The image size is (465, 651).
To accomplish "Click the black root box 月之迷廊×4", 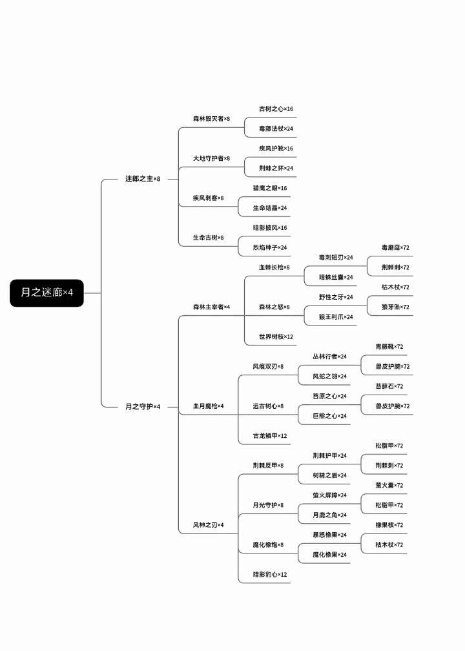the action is [x=47, y=293].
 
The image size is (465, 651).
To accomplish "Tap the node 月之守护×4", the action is [x=143, y=406].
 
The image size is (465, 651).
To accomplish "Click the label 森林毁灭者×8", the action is [x=211, y=119].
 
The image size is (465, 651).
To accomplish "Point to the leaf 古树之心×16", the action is [x=276, y=108].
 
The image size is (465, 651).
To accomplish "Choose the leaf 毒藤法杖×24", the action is [x=276, y=129].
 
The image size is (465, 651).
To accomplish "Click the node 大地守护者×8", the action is [x=211, y=158].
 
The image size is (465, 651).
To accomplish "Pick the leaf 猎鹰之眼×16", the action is [x=270, y=188].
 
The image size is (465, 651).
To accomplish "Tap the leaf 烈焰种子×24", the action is [x=270, y=247].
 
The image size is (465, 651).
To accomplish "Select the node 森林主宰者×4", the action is [x=211, y=307].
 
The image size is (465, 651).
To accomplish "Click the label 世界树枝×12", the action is [x=276, y=336].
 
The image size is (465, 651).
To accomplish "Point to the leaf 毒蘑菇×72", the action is [x=396, y=247].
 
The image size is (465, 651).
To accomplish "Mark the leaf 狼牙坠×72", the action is [x=396, y=307].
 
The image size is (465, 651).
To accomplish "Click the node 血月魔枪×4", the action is [x=209, y=406].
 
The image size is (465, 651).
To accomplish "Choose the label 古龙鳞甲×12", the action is [x=270, y=436].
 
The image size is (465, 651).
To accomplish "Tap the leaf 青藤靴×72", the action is [x=389, y=347].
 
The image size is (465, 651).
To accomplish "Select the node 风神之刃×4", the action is [x=209, y=525].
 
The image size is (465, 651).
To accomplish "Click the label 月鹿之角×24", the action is [x=329, y=515].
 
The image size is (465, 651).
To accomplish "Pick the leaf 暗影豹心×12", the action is [x=270, y=575].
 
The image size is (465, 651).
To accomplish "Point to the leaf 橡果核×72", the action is [x=389, y=525].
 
